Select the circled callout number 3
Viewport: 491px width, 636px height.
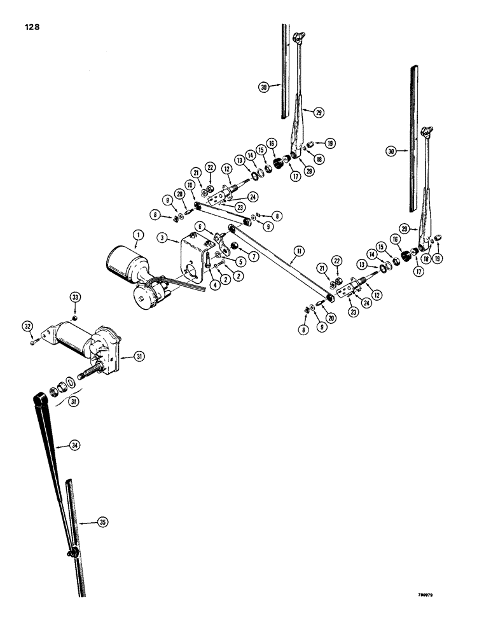[162, 238]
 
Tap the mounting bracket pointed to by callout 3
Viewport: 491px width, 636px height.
[194, 261]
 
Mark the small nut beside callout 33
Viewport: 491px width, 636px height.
[75, 317]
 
